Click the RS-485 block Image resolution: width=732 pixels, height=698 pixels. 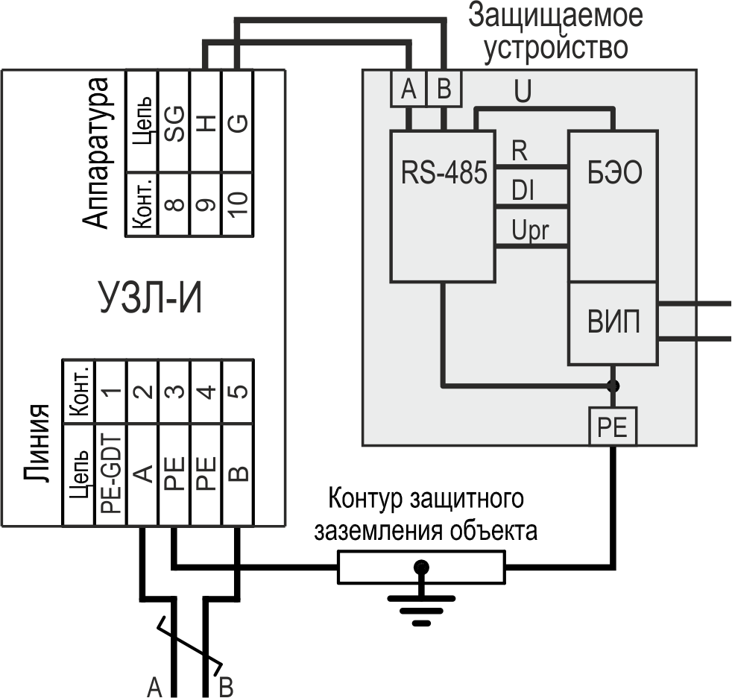(x=443, y=206)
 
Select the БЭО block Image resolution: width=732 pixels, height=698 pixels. (x=613, y=206)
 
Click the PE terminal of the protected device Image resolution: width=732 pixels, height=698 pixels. (x=613, y=427)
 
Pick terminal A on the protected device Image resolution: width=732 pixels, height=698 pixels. (x=408, y=90)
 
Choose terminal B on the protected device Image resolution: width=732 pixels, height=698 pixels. (x=444, y=90)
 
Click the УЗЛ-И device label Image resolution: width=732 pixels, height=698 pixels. (x=151, y=301)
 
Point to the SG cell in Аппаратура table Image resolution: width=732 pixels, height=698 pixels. (x=174, y=122)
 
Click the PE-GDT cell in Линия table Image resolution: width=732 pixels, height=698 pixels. (x=110, y=471)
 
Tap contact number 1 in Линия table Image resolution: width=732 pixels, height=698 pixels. (x=110, y=392)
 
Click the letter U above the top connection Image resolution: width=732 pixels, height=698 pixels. (x=523, y=92)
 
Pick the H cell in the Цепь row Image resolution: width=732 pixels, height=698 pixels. (x=206, y=122)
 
